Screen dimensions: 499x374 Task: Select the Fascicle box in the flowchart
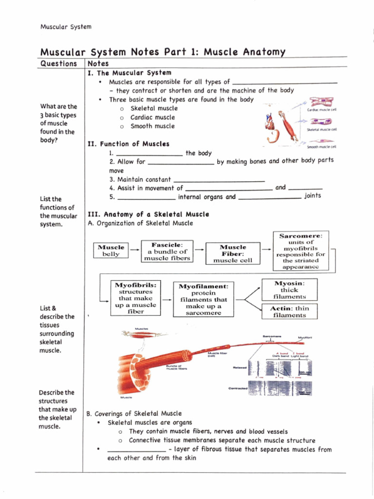[x=167, y=251]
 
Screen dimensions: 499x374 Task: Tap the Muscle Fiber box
[x=233, y=253]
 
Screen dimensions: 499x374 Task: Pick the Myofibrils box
[x=135, y=298]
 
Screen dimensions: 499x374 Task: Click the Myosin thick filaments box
[x=289, y=289]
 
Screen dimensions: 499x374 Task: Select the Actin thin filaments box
[x=289, y=311]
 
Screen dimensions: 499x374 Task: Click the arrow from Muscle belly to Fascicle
[x=134, y=249]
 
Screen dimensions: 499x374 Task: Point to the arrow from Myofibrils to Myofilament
[x=167, y=300]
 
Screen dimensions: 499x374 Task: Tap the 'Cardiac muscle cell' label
[x=321, y=110]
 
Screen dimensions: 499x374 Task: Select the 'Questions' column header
[x=58, y=64]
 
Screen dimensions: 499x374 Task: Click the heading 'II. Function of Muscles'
[x=128, y=144]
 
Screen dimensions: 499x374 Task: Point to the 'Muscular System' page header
[x=65, y=26]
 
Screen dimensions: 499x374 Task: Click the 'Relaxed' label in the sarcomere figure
[x=240, y=367]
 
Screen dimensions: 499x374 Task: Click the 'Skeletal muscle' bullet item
[x=154, y=108]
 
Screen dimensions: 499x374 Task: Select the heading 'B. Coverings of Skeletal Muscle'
[x=134, y=414]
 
